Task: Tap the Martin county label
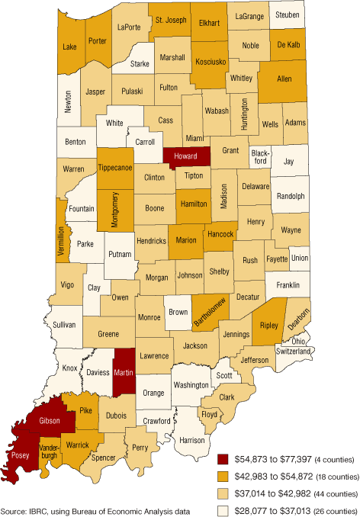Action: tap(124, 374)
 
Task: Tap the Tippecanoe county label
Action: tap(114, 168)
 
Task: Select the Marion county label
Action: tap(187, 241)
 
